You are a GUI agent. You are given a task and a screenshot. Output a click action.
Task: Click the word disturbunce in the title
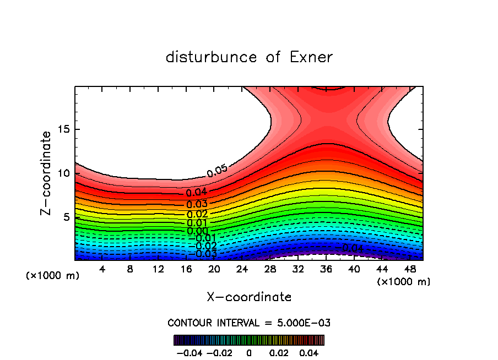click(212, 57)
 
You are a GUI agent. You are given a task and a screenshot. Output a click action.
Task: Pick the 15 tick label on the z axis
click(63, 129)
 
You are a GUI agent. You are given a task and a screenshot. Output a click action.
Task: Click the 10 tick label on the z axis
click(63, 173)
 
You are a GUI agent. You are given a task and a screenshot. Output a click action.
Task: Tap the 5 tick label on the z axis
click(66, 217)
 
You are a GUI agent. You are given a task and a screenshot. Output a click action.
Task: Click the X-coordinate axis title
click(249, 297)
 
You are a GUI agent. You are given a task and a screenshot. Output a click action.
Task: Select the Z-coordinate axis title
click(46, 173)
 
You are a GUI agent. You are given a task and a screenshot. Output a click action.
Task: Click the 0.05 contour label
click(217, 171)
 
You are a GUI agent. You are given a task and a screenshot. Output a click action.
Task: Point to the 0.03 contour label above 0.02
click(197, 204)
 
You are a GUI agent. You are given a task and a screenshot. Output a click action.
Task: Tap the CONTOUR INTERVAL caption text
click(249, 323)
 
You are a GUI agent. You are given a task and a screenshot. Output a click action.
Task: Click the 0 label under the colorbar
click(249, 352)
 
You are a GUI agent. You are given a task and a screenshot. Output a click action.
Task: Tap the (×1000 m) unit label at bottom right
click(404, 281)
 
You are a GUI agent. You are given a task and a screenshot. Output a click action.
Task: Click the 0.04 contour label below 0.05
click(197, 193)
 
